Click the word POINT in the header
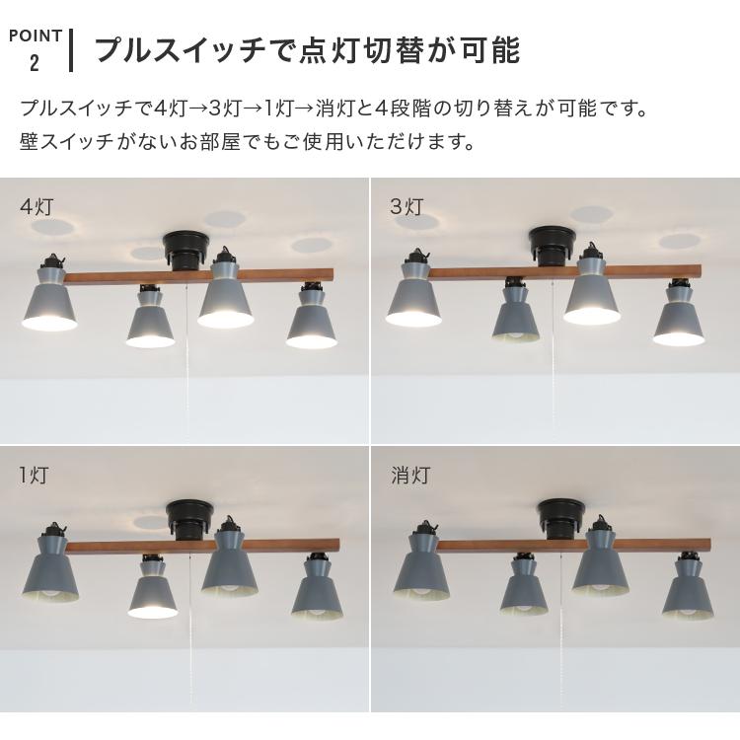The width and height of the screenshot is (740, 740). click(x=36, y=36)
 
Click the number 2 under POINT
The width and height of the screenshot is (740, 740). click(x=35, y=63)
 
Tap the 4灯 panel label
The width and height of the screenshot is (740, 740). click(x=36, y=207)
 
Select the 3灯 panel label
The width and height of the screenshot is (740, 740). click(x=407, y=207)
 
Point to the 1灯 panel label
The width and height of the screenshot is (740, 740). click(x=34, y=476)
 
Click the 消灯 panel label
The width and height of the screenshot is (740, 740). click(x=409, y=476)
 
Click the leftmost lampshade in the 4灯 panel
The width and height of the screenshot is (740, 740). click(x=50, y=302)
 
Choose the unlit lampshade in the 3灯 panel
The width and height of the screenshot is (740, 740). click(x=516, y=317)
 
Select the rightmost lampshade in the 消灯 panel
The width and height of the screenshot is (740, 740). click(x=689, y=593)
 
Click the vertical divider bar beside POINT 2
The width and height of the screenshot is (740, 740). click(x=71, y=49)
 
